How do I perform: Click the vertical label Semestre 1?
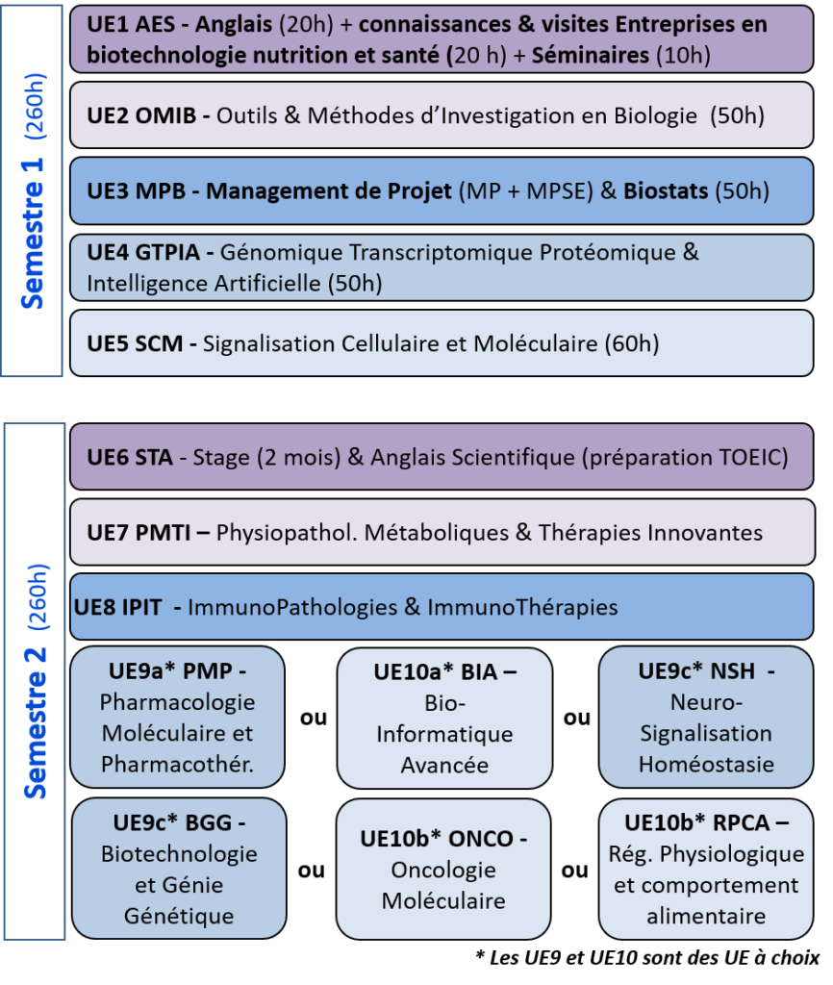[32, 233]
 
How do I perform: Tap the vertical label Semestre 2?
[36, 722]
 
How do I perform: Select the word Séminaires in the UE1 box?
[591, 55]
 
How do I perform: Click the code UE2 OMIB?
[141, 115]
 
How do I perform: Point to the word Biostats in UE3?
[666, 191]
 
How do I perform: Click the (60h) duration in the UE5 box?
[632, 343]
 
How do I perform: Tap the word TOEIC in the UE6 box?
[744, 457]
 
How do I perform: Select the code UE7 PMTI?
[139, 533]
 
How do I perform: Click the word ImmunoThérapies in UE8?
[522, 608]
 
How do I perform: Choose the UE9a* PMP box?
[177, 717]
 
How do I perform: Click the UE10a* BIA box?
[444, 718]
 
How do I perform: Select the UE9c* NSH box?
[706, 717]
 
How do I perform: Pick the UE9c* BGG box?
[179, 869]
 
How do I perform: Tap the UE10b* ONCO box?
[443, 870]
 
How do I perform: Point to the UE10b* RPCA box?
[706, 870]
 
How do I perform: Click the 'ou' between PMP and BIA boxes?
[314, 718]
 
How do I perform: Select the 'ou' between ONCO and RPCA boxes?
[575, 870]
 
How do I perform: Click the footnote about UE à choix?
[647, 957]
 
